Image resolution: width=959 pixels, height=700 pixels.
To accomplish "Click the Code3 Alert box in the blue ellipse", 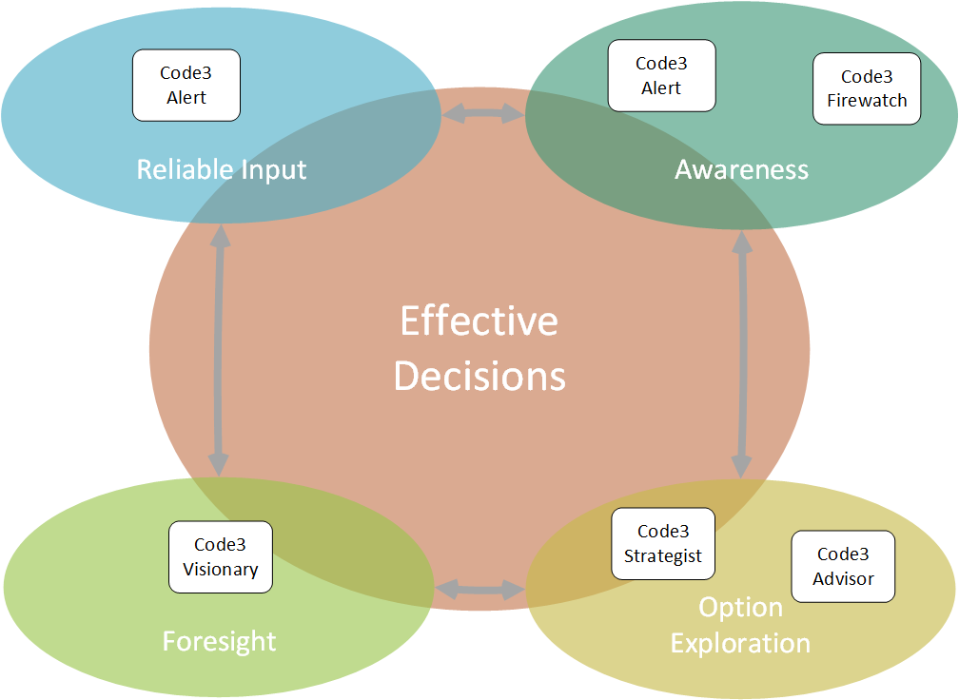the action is click(186, 85).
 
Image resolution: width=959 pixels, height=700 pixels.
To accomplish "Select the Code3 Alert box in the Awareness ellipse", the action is click(662, 76).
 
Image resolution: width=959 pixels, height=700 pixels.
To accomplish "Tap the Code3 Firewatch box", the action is click(867, 88).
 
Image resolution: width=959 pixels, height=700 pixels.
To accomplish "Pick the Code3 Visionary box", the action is click(221, 557).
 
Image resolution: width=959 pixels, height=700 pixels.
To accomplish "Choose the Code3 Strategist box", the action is click(663, 543).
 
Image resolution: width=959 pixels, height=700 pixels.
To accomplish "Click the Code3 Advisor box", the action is click(843, 566).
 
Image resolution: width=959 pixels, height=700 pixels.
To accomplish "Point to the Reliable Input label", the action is click(222, 170).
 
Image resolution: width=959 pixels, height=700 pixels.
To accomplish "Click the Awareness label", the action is click(741, 169).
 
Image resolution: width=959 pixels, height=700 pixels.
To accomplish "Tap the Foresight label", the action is click(219, 642).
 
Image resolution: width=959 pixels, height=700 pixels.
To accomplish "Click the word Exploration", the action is click(740, 644).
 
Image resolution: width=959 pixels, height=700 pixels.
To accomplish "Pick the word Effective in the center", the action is click(479, 321).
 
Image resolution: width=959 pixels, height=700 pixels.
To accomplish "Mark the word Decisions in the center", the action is click(479, 376).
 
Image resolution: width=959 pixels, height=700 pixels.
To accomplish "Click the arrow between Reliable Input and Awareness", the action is click(483, 113).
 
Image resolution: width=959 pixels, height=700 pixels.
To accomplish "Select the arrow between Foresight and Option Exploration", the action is click(480, 590).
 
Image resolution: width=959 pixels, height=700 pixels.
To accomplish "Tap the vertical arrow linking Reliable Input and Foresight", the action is click(219, 350).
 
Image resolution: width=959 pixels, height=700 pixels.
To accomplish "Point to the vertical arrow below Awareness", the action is click(742, 355).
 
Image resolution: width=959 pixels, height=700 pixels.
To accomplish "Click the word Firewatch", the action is click(867, 100).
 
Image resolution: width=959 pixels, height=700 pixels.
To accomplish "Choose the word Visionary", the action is click(221, 570).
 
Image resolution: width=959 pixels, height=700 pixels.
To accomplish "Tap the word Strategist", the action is click(663, 556).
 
